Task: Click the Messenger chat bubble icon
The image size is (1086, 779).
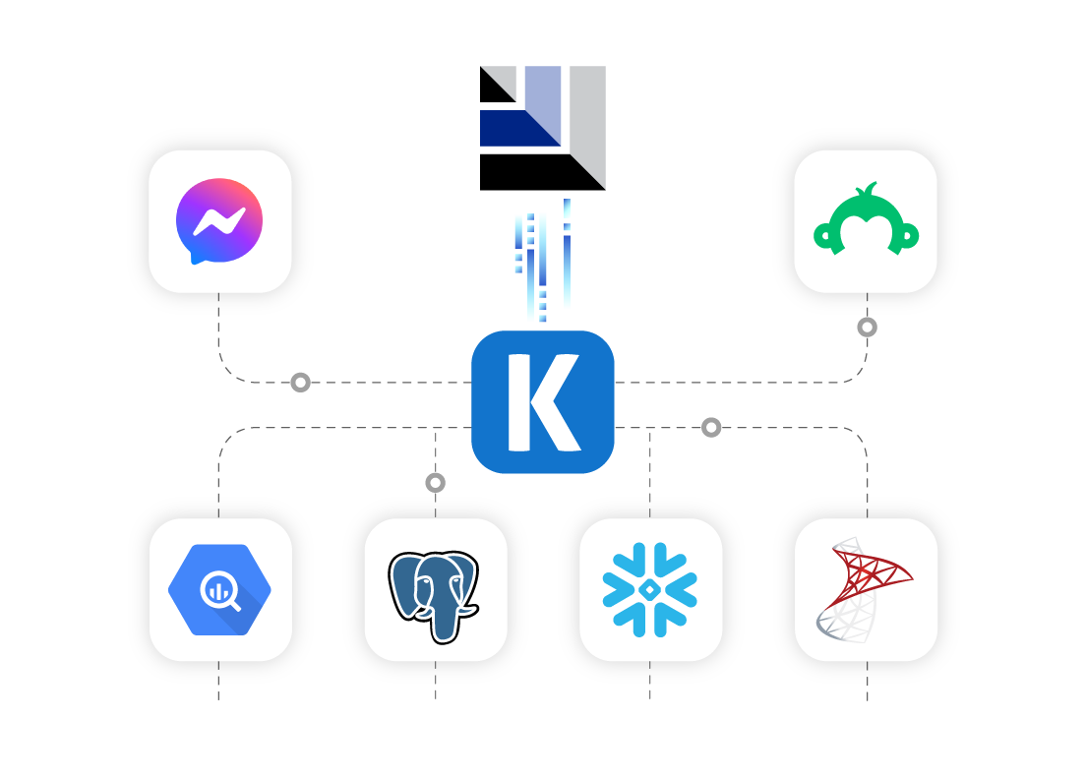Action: (219, 220)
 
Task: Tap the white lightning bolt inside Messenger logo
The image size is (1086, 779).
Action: (219, 221)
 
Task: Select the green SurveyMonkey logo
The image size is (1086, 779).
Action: (866, 222)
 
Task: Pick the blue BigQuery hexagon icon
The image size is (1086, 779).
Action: (219, 590)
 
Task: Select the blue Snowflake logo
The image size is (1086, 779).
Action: (649, 590)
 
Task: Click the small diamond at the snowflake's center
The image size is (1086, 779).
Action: (649, 590)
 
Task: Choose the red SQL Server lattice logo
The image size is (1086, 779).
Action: (862, 588)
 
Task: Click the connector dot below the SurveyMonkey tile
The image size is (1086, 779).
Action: (867, 327)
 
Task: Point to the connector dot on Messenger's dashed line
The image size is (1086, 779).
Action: (301, 382)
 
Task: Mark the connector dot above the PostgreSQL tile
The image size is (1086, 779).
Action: (435, 482)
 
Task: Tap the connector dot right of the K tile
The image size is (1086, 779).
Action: (711, 427)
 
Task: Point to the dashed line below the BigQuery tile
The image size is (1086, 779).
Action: (218, 681)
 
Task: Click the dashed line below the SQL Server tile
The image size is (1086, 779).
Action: (868, 681)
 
